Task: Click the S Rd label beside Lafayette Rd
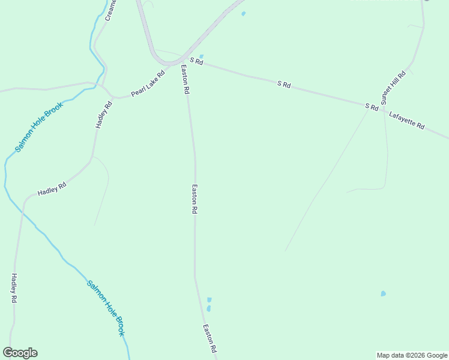point(372,107)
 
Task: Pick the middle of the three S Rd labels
point(284,85)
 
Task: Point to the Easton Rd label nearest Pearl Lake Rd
point(185,79)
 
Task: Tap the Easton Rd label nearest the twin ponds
point(209,338)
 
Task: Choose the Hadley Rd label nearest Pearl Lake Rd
point(104,114)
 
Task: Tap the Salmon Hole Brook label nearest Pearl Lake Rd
point(40,127)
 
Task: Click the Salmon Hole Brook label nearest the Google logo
point(106,308)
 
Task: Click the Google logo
point(20,353)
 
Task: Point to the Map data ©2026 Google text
point(412,355)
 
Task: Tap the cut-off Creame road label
point(111,10)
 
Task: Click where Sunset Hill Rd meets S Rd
point(383,109)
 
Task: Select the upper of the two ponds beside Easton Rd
point(209,299)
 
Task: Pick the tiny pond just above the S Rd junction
point(201,56)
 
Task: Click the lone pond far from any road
point(383,293)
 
